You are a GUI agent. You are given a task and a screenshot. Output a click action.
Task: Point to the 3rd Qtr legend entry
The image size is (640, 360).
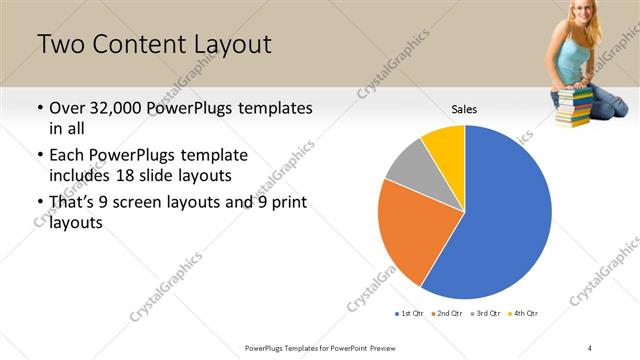click(x=487, y=314)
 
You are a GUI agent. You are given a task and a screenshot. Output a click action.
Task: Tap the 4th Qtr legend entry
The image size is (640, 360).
click(x=525, y=314)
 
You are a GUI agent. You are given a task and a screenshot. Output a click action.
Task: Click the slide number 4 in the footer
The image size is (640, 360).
click(x=590, y=347)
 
